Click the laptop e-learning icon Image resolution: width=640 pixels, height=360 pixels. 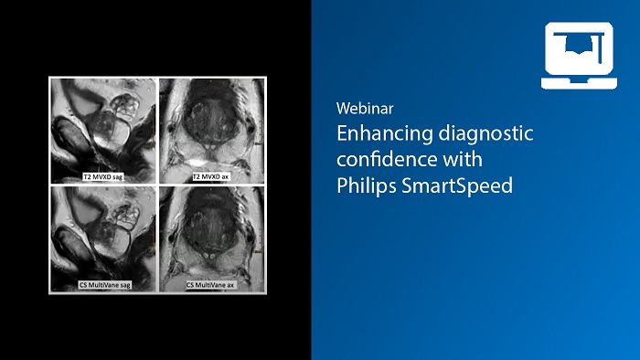pos(578,56)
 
